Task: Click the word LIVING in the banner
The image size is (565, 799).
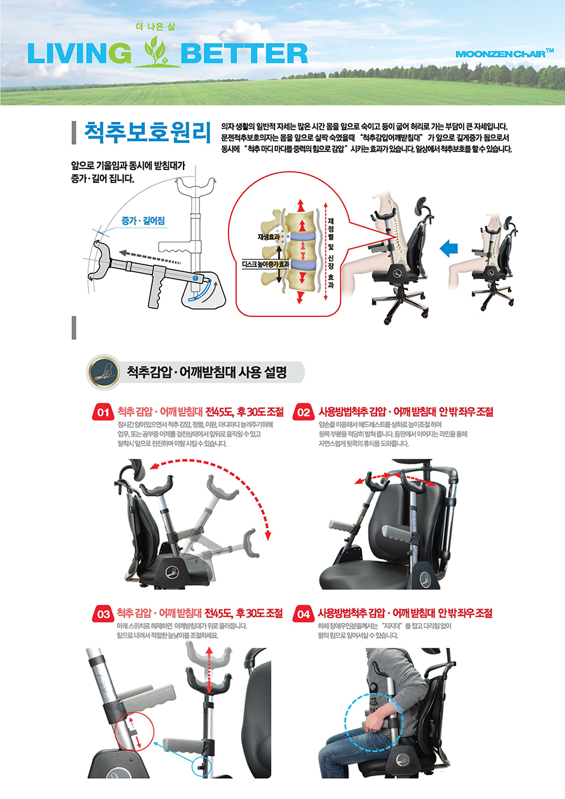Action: (x=79, y=53)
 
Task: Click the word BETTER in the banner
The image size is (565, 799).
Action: (x=244, y=53)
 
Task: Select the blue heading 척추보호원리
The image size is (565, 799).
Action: (x=147, y=132)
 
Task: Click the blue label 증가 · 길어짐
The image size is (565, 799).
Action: (x=143, y=221)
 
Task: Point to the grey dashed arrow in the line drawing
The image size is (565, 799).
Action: (x=150, y=258)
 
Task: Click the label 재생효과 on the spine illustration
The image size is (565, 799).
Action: (x=268, y=237)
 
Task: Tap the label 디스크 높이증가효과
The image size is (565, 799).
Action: (x=265, y=264)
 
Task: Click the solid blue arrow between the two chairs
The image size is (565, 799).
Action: (x=449, y=248)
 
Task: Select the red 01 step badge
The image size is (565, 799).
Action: (x=103, y=412)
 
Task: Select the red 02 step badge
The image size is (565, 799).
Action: (x=304, y=412)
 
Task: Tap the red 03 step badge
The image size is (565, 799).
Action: (x=103, y=614)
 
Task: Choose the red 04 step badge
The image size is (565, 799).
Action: (x=304, y=614)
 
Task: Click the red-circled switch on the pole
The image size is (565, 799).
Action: (x=135, y=731)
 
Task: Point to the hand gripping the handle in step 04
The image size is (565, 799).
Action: (x=373, y=724)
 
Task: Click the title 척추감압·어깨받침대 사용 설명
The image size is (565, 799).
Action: (x=207, y=373)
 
